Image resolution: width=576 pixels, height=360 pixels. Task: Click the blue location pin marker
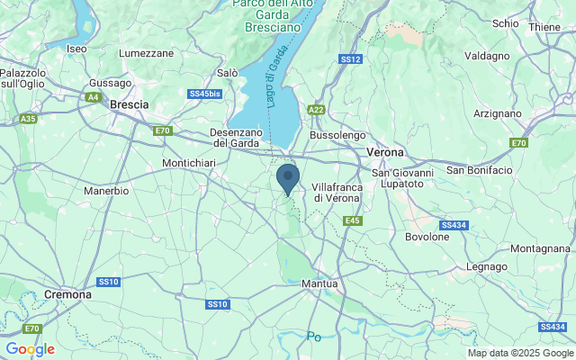(x=288, y=178)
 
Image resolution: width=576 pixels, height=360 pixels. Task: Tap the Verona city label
(x=385, y=152)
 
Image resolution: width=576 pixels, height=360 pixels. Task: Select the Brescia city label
(x=129, y=104)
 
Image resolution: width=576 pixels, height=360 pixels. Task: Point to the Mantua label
(x=320, y=283)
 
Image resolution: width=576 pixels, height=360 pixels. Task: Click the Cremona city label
(x=67, y=294)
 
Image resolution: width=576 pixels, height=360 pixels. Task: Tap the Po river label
(x=313, y=336)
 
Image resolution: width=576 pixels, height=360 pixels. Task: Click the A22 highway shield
(x=315, y=109)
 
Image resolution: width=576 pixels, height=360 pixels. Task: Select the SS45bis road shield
(x=204, y=94)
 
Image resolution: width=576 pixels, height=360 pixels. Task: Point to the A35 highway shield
(x=29, y=118)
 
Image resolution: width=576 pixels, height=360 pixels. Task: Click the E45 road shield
(x=352, y=220)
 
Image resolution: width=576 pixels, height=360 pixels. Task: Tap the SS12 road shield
(x=351, y=59)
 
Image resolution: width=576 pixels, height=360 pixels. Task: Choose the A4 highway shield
(x=94, y=96)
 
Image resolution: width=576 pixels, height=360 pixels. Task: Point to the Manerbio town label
(x=106, y=191)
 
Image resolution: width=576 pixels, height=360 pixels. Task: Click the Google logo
(x=30, y=349)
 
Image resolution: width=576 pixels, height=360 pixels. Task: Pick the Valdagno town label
(x=488, y=55)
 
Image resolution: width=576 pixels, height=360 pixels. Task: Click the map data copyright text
(x=519, y=353)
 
